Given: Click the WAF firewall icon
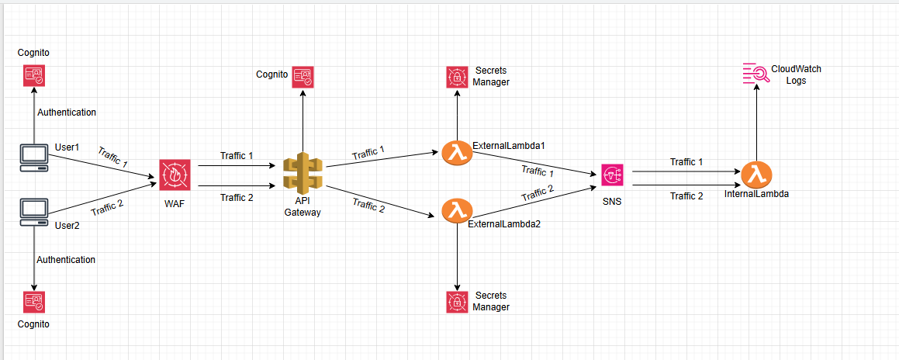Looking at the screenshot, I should point(174,175).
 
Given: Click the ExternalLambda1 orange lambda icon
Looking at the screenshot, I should point(457,152).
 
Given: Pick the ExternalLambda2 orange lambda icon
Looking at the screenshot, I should point(457,210).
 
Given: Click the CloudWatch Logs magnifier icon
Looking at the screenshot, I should point(756,73).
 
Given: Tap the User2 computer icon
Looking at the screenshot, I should point(34,211).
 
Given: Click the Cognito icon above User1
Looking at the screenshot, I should point(33,74).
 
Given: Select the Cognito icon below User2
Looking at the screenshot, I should point(33,302).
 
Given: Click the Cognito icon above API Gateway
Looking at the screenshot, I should point(303,75).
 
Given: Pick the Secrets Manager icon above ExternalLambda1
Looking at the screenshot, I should point(458,77).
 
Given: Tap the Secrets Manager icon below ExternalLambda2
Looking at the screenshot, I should point(458,302).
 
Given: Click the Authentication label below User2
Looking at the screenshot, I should point(66,260).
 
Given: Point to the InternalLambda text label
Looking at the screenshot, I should point(756,194).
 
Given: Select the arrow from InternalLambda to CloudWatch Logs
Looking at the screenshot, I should point(756,124).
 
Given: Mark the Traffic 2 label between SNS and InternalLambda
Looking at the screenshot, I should point(686,196).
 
